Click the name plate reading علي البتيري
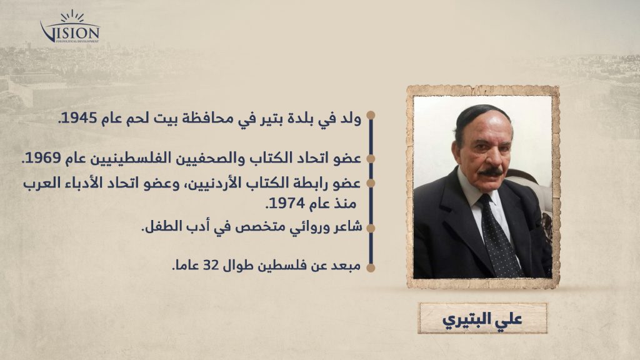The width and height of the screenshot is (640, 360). (482, 318)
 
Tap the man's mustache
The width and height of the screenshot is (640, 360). (490, 172)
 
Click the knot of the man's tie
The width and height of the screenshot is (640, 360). (485, 201)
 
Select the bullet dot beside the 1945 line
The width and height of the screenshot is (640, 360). (371, 115)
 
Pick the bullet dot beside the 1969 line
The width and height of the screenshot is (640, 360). (371, 159)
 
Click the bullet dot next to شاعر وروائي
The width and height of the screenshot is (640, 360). (371, 228)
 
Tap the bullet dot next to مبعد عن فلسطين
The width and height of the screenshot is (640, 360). (371, 267)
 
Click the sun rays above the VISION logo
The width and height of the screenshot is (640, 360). (72, 16)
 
